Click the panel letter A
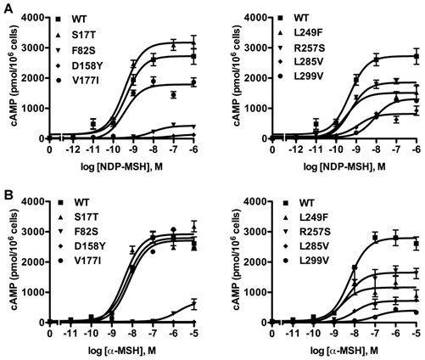(7, 8)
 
